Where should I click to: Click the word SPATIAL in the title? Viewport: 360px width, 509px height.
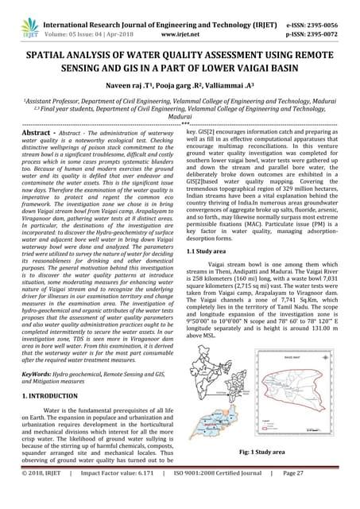click(x=53, y=47)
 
